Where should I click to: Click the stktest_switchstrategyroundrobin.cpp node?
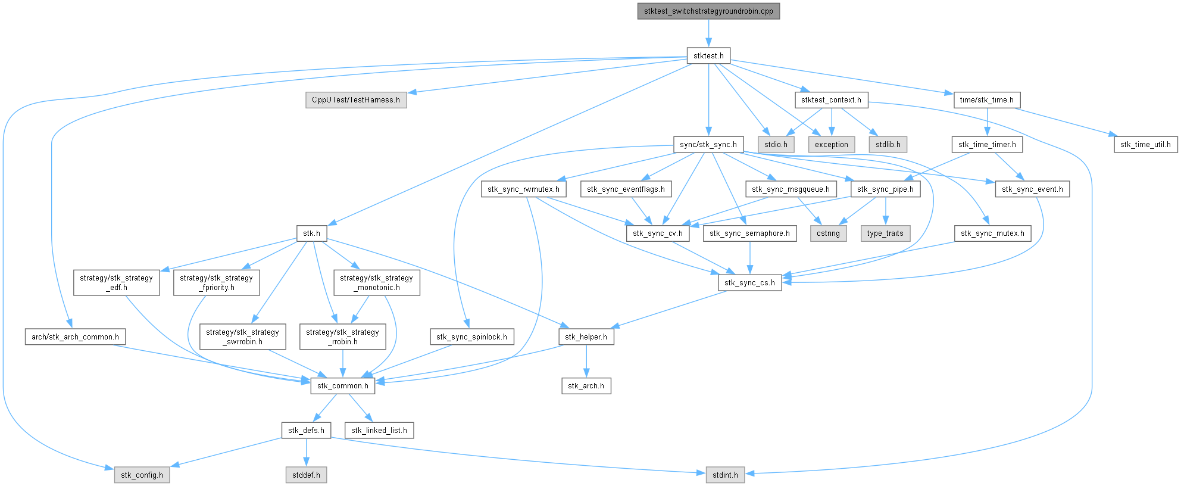click(x=708, y=11)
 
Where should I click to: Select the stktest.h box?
click(x=708, y=56)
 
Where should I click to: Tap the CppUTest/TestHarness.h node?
click(x=356, y=100)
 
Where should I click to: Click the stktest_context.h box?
click(x=831, y=100)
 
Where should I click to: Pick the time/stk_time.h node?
click(x=986, y=100)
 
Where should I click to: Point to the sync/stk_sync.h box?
click(x=708, y=145)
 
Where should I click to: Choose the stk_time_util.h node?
click(x=1145, y=145)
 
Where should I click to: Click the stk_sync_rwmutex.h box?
click(x=523, y=189)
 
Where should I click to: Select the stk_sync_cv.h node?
click(x=658, y=233)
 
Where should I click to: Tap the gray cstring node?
click(x=828, y=233)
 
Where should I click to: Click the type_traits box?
click(x=885, y=233)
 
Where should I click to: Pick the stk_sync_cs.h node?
click(x=749, y=283)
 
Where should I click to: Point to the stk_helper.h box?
click(x=586, y=337)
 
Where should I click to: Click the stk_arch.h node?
click(x=586, y=386)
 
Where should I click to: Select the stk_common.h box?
click(x=342, y=386)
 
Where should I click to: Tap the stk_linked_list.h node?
click(x=379, y=431)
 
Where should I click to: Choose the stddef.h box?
click(x=306, y=475)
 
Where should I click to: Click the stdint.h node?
click(x=725, y=475)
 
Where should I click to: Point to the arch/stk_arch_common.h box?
click(x=75, y=337)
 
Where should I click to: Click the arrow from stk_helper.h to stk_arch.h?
click(x=586, y=362)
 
